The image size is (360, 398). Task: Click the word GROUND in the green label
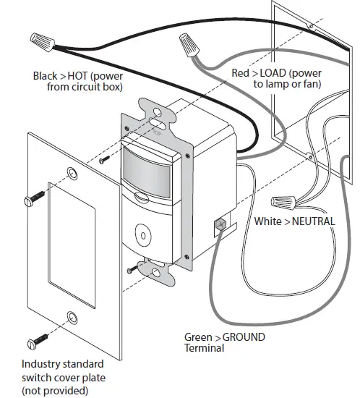point(244,337)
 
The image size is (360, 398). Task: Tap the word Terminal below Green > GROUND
point(205,348)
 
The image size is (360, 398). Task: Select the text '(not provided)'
point(55,391)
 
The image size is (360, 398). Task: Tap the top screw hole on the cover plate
point(72,172)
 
